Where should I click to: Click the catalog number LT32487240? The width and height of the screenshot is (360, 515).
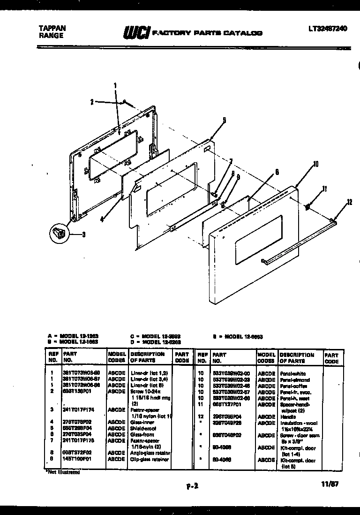click(328, 29)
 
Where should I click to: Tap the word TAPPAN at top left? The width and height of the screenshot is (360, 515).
click(51, 28)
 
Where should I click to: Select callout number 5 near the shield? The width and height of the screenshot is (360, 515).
click(224, 120)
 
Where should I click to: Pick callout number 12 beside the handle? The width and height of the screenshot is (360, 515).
click(349, 202)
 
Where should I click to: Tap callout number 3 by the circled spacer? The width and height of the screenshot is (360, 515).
click(83, 235)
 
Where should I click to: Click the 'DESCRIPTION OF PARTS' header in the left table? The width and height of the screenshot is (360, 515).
click(147, 357)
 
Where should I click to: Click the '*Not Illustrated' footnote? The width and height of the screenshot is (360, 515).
click(62, 472)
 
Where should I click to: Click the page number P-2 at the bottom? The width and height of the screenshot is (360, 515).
click(192, 486)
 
